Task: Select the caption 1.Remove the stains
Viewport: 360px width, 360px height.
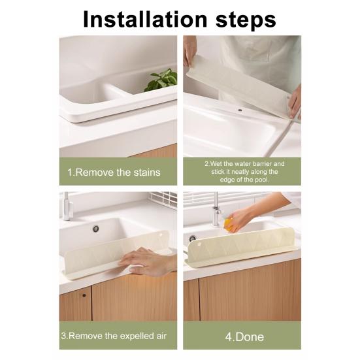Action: pyautogui.click(x=115, y=172)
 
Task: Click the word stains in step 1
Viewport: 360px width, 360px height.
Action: pyautogui.click(x=146, y=172)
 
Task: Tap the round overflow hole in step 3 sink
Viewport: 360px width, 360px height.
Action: pyautogui.click(x=95, y=229)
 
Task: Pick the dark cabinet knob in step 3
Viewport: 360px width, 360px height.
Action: pyautogui.click(x=84, y=296)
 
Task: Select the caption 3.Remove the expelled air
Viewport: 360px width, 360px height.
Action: pyautogui.click(x=115, y=336)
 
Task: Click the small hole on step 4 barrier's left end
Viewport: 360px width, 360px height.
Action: pyautogui.click(x=193, y=238)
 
